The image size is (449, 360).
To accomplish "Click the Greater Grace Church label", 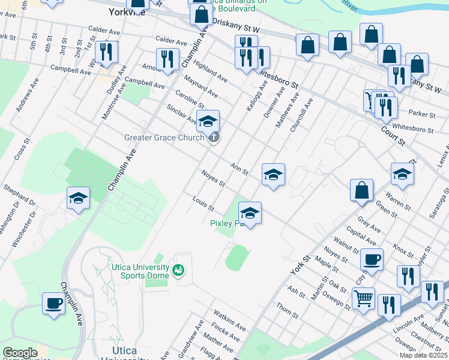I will tap(164, 137).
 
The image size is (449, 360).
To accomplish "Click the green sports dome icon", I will tap(178, 271).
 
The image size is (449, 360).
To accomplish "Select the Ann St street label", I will tap(239, 168).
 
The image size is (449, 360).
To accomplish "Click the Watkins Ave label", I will tap(229, 321).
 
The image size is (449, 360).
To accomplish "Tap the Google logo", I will tap(20, 353).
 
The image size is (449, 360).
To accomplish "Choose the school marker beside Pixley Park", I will tap(250, 212).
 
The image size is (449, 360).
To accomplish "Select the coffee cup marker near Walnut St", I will tap(372, 260).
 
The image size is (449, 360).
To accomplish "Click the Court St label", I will tap(393, 133).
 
